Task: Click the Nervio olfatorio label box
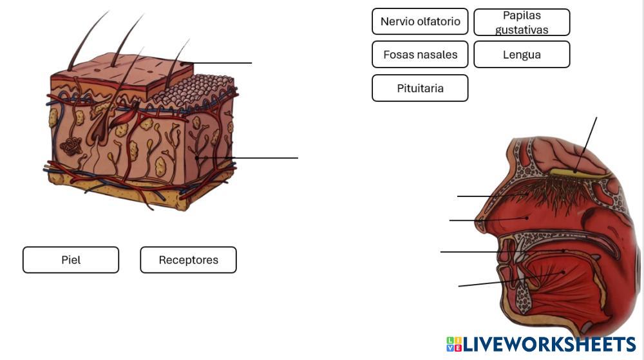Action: coord(420,21)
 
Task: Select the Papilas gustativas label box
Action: coord(522,22)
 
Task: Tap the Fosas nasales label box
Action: coord(420,55)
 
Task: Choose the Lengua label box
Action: coord(522,55)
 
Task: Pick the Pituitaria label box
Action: coord(420,88)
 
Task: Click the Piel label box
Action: coord(71,260)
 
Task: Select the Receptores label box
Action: coord(188,260)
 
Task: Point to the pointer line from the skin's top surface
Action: coord(219,63)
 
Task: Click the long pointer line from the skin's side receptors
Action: coord(258,157)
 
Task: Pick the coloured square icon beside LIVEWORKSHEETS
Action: coord(453,345)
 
